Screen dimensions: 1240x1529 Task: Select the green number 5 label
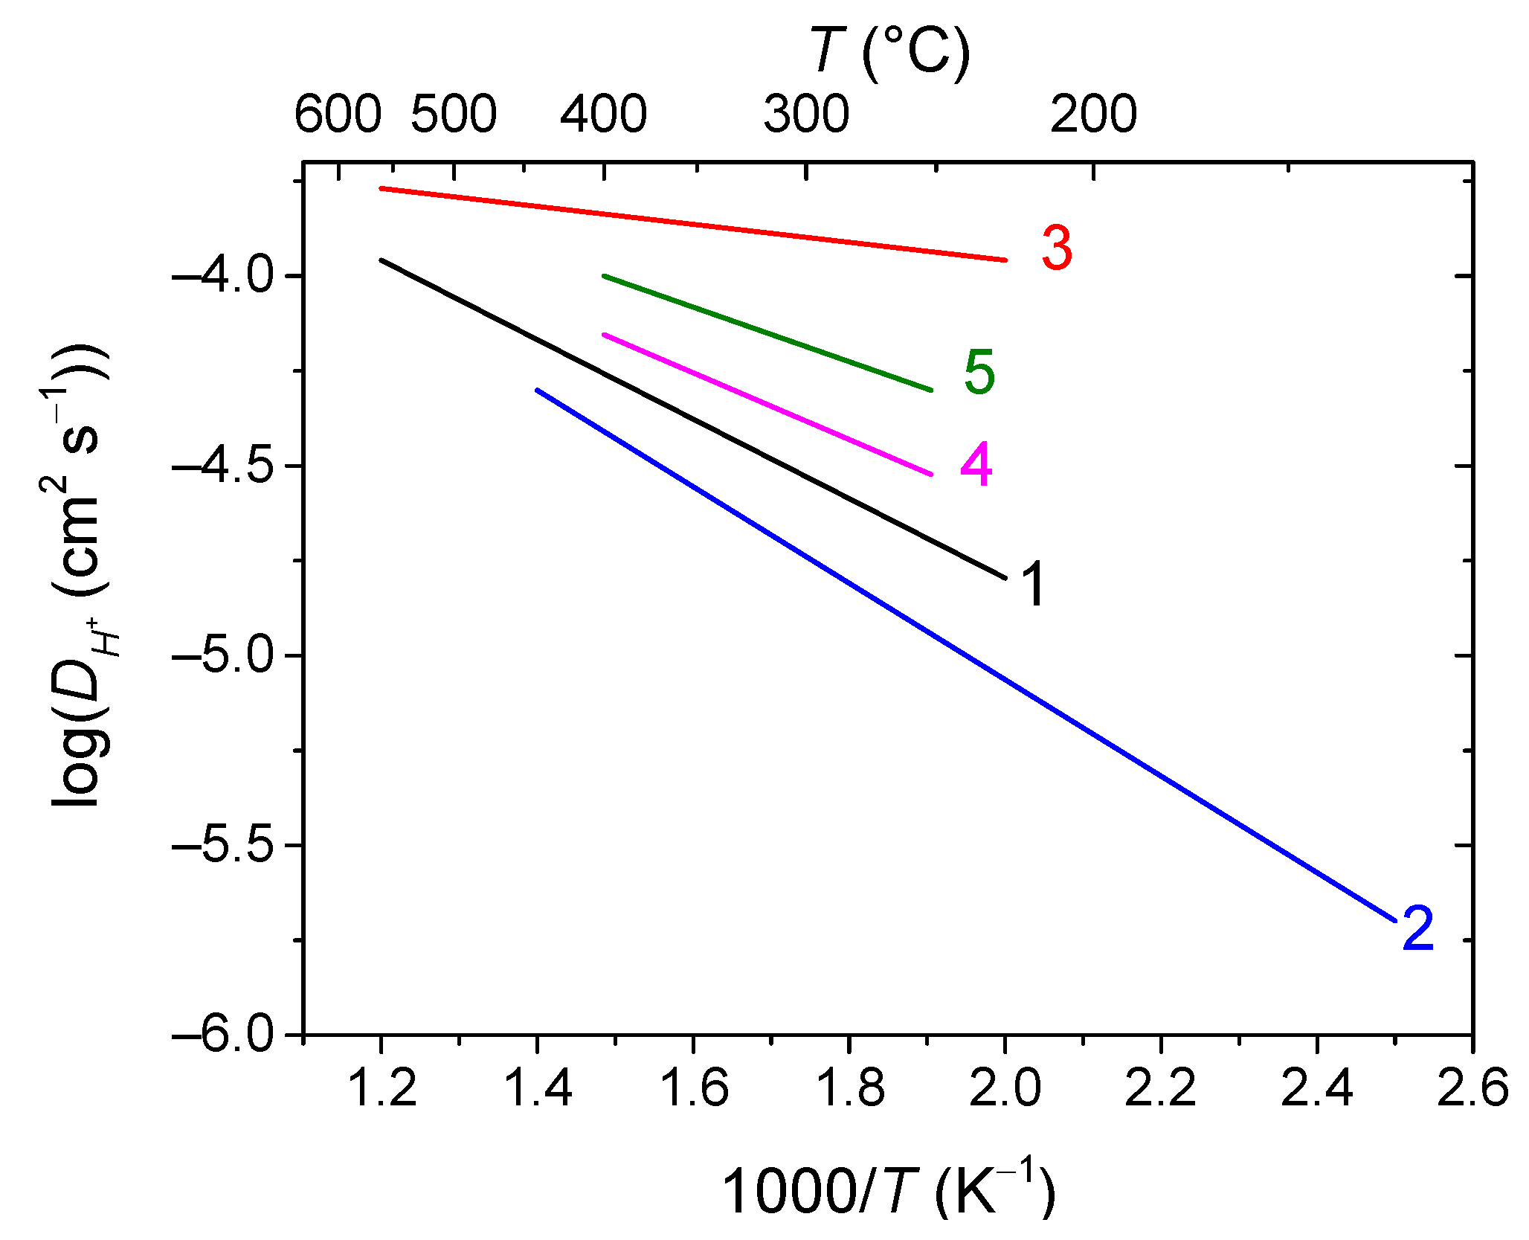coord(979,372)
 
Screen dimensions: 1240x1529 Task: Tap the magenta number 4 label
coord(976,464)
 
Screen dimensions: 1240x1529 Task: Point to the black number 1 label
coord(1033,584)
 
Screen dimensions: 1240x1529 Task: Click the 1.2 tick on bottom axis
coord(382,1088)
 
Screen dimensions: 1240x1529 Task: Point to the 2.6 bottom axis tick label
coord(1472,1088)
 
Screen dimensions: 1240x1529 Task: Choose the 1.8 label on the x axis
coord(849,1088)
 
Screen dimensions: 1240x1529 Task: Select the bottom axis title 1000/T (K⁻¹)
coord(888,1190)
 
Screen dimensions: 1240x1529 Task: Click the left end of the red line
coord(382,188)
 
